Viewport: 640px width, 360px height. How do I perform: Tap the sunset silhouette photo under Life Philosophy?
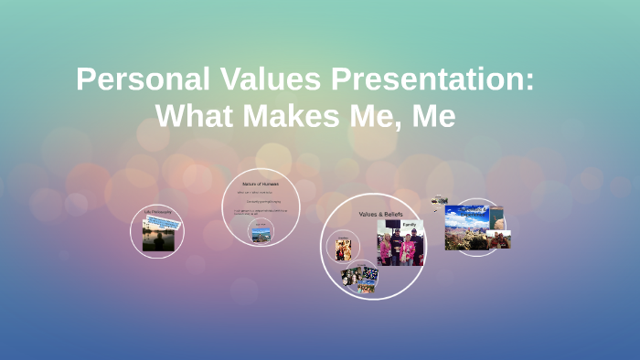(157, 238)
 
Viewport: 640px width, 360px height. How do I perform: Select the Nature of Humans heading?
(261, 184)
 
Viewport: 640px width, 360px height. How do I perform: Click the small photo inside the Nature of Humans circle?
(261, 233)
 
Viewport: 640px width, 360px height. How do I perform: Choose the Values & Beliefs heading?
(380, 214)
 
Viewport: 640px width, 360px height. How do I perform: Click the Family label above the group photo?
(409, 224)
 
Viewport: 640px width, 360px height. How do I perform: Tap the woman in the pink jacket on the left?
(386, 249)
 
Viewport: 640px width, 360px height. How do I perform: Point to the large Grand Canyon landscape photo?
(465, 228)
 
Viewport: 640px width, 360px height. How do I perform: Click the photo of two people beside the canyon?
(499, 239)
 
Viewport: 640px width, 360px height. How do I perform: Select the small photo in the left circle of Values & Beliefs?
(343, 249)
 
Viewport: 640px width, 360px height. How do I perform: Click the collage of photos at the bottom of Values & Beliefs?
(360, 277)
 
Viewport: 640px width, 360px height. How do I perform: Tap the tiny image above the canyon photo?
(440, 200)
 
